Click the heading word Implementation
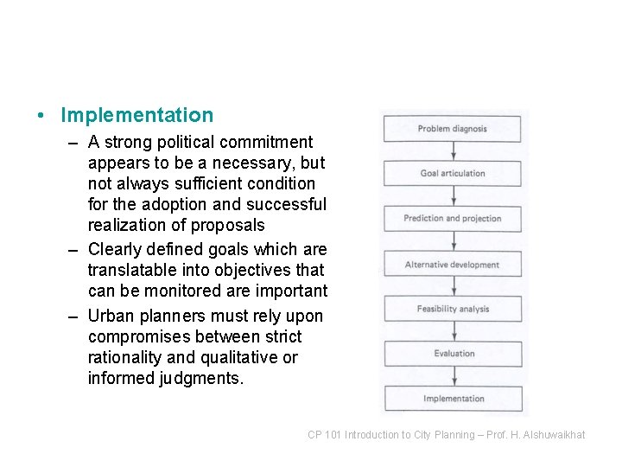137,115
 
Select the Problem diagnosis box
453,129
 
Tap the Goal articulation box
453,174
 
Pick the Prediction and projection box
453,219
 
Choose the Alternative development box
453,265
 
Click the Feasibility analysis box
453,309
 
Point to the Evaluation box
453,354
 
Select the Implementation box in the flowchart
453,399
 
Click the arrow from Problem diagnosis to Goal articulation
453,151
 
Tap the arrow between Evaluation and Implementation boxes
453,376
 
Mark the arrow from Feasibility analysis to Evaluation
453,331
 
